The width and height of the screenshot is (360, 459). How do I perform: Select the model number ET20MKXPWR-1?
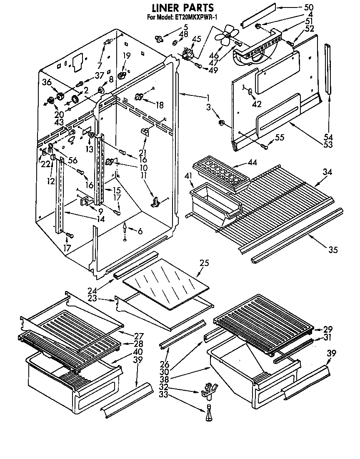196,17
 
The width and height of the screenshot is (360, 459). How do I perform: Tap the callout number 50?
308,8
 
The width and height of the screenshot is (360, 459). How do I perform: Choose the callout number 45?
196,39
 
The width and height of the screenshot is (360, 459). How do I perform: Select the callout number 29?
327,329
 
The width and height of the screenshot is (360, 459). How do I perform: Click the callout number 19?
126,55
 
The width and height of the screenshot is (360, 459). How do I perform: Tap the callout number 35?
332,250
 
